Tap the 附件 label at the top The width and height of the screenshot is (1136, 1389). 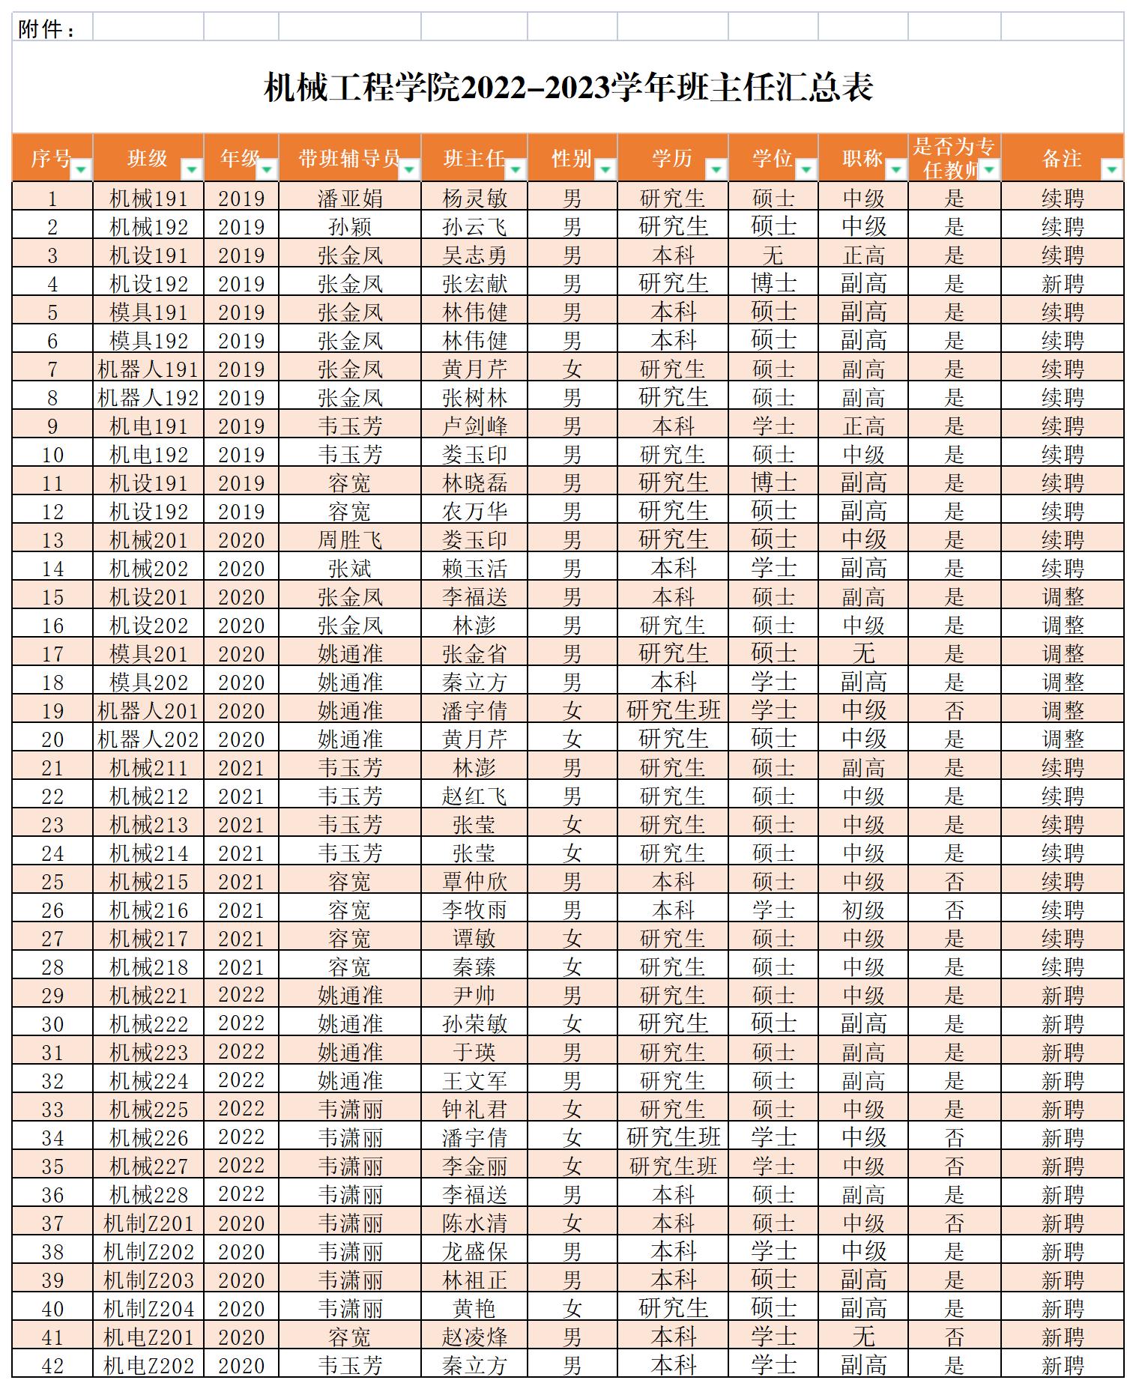(x=46, y=29)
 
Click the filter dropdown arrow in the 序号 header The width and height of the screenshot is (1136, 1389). (x=81, y=170)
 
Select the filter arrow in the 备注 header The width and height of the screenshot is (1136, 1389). (x=1112, y=170)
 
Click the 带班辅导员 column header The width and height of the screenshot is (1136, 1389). (x=349, y=158)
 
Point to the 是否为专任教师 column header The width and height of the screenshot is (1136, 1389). (x=953, y=157)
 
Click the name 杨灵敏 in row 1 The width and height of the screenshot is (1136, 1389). (x=474, y=199)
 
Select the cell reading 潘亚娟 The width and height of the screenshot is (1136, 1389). (x=350, y=199)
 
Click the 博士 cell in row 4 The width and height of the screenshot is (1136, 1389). (x=773, y=284)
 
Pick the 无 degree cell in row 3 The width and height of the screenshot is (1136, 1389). (x=773, y=255)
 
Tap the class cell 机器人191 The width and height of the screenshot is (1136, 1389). (x=148, y=369)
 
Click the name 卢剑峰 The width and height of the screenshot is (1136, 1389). (x=474, y=426)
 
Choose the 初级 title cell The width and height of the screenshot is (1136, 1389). (x=863, y=910)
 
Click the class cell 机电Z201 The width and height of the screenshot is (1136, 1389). (x=148, y=1337)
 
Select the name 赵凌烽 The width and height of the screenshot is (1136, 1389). (x=474, y=1337)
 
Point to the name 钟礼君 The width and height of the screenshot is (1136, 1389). (x=474, y=1110)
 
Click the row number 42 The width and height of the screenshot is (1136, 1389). (x=52, y=1366)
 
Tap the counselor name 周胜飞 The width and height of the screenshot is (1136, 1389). (x=350, y=540)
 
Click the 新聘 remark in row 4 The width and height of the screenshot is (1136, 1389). (x=1062, y=284)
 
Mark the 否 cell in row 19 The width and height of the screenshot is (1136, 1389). (x=954, y=711)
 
